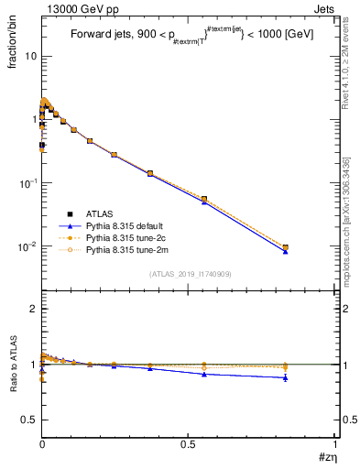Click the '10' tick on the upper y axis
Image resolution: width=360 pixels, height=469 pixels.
pos(30,56)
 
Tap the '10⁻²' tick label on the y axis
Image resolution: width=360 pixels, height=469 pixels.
pos(27,246)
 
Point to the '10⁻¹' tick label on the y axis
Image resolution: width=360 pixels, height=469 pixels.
pos(27,183)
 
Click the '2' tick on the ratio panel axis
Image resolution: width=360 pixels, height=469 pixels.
pos(33,309)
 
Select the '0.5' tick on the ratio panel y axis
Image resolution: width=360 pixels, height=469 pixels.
pos(29,420)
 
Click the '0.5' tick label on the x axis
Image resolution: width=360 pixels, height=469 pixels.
pos(189,444)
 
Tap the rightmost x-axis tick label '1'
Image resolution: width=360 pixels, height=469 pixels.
pos(336,444)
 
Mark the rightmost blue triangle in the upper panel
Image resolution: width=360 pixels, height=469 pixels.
pos(286,250)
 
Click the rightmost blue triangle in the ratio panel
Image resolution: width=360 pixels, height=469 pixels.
pos(286,377)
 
